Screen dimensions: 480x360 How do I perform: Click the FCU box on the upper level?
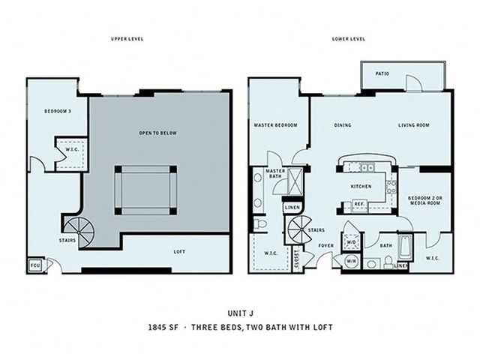(35, 265)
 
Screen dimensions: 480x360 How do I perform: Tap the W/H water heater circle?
(350, 261)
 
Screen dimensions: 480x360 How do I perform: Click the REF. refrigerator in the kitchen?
(359, 204)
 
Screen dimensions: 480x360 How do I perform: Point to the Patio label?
(382, 73)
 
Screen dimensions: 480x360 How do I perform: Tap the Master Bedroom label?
(275, 125)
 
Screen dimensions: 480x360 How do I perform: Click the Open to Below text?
(157, 133)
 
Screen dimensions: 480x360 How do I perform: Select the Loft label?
(179, 252)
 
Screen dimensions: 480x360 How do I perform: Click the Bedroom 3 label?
(58, 112)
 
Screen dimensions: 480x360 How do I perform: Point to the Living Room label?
(413, 125)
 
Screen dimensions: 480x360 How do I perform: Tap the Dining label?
(343, 125)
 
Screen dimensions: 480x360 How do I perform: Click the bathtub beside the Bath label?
(405, 248)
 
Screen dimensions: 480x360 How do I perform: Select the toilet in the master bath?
(260, 223)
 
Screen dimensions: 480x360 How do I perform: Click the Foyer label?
(326, 245)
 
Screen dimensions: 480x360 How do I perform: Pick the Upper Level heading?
(127, 39)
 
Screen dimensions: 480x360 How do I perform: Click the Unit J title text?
(240, 313)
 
